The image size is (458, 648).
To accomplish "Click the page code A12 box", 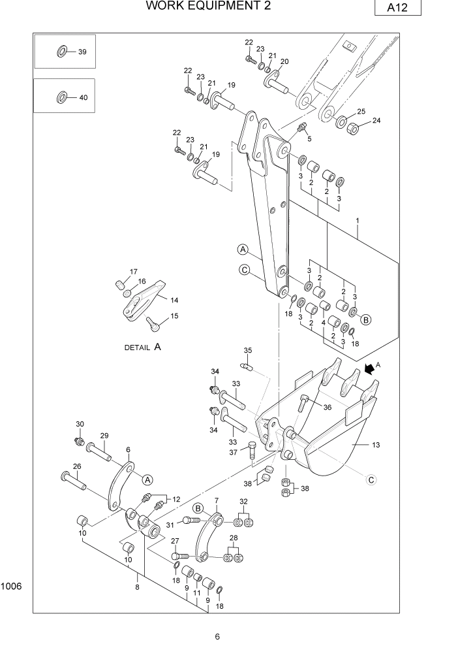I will [398, 8].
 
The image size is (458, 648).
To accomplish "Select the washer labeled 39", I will [62, 52].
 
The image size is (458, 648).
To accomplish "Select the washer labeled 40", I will [61, 97].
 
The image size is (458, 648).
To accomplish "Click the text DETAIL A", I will [142, 348].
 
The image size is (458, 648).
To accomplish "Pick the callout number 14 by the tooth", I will [174, 300].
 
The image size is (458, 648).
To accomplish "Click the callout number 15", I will [174, 316].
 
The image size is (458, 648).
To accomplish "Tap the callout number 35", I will [248, 350].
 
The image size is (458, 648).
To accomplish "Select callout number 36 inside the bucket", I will [327, 408].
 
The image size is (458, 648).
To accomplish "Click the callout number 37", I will [233, 453].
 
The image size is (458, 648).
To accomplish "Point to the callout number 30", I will [80, 424].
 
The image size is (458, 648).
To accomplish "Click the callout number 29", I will [104, 436].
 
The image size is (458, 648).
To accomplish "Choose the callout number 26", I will [77, 466].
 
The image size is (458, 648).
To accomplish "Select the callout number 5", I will [309, 138].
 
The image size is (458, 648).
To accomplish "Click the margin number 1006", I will [12, 587].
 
